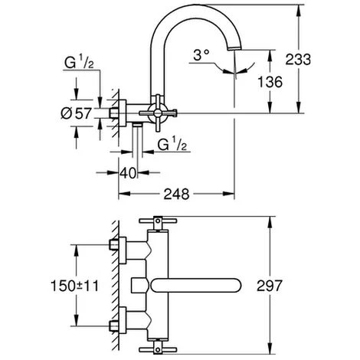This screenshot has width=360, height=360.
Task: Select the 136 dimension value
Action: point(271,80)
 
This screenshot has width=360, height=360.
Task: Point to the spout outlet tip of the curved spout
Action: point(234,49)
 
